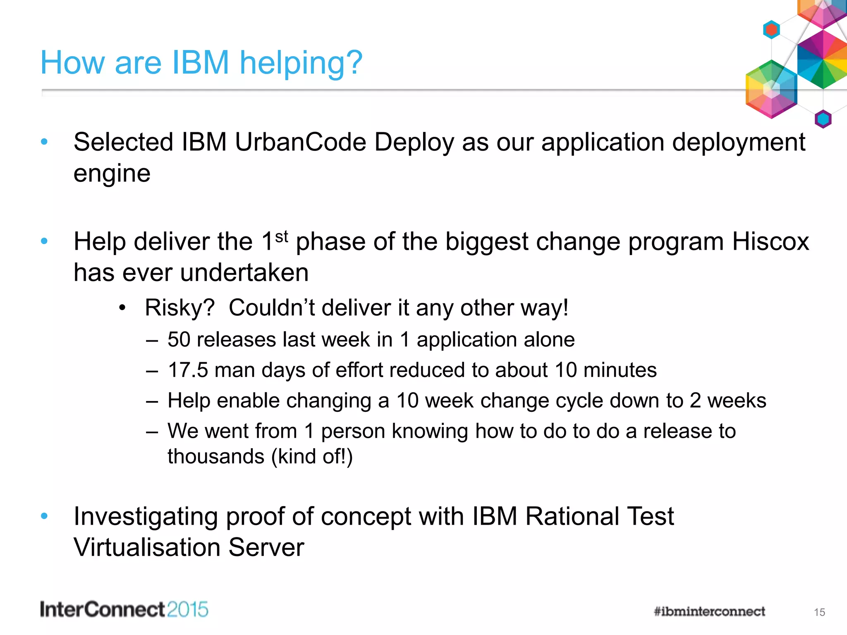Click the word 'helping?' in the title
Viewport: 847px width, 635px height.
[x=301, y=63]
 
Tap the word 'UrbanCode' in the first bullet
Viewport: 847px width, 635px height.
[x=301, y=143]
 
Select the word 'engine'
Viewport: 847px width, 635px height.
[x=112, y=174]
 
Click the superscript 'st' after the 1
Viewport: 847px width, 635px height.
[x=281, y=237]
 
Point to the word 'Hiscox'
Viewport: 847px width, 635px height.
[x=770, y=241]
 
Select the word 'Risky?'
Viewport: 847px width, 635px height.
[x=179, y=308]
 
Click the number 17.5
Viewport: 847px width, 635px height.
[x=188, y=370]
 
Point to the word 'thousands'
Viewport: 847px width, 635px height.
[x=215, y=457]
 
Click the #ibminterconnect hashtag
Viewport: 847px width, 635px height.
[x=709, y=611]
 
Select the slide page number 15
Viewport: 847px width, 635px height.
[x=819, y=612]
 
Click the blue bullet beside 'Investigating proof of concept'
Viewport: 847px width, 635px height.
[x=44, y=516]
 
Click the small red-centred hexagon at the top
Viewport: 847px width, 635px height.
[x=771, y=30]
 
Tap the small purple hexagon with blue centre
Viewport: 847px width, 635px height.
[x=823, y=119]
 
